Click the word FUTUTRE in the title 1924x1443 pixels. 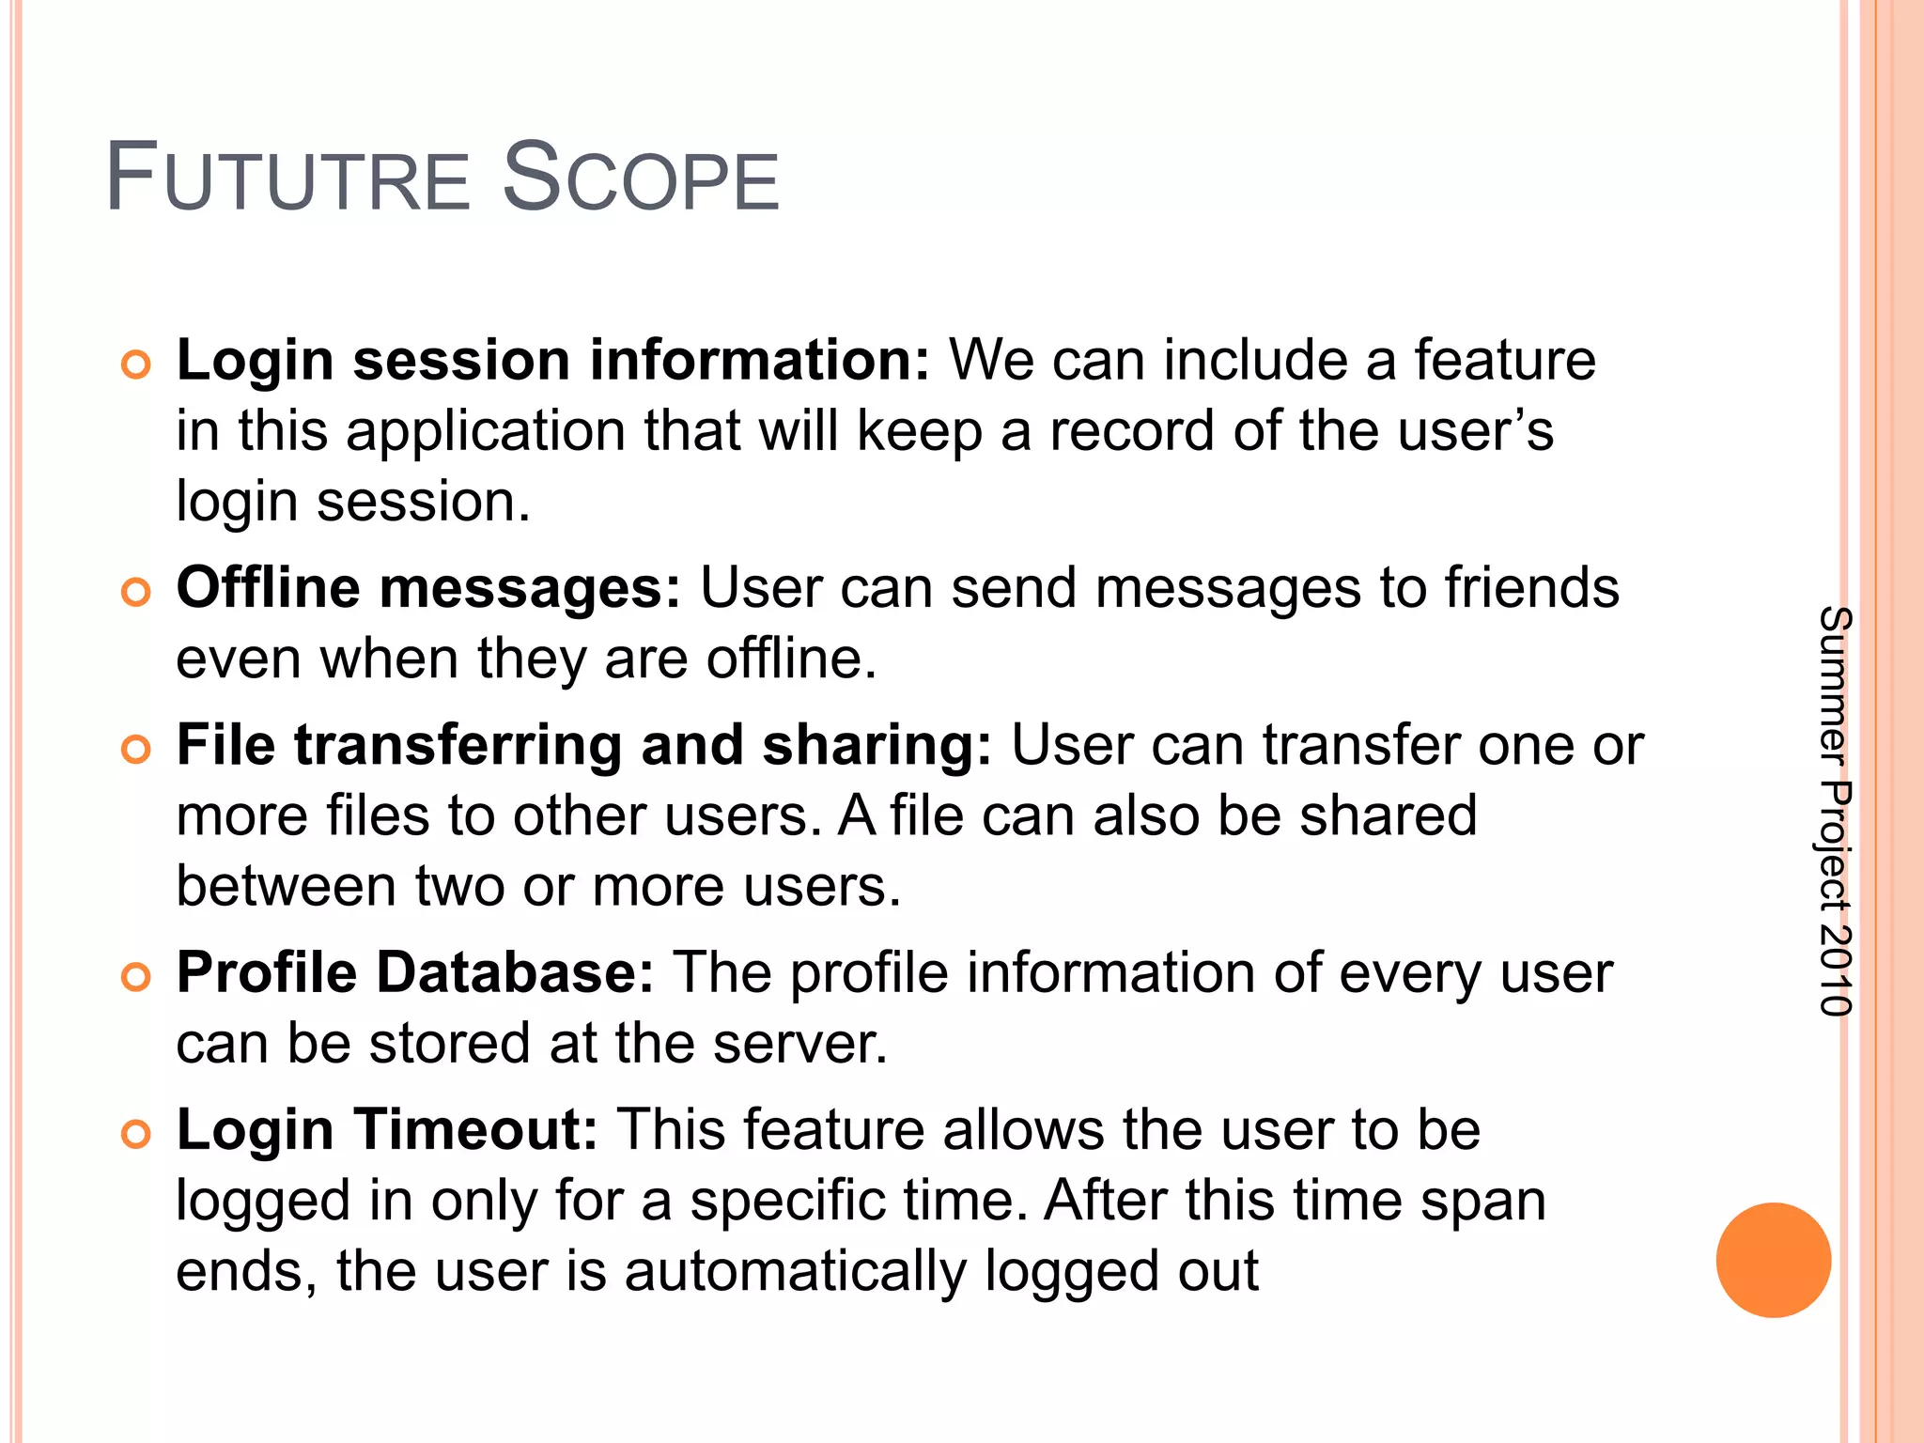[287, 178]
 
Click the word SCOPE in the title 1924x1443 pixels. [641, 178]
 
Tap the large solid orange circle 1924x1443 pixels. [1773, 1260]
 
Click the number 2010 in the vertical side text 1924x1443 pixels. [1834, 970]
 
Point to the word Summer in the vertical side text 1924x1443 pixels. [1834, 685]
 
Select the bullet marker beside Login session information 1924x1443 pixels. [136, 365]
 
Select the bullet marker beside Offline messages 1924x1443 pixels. [136, 593]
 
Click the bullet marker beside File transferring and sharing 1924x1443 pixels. [136, 749]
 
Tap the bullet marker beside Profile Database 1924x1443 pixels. [136, 977]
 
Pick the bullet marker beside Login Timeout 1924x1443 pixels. [136, 1134]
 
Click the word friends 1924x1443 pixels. [1531, 589]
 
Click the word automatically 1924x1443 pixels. [796, 1272]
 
